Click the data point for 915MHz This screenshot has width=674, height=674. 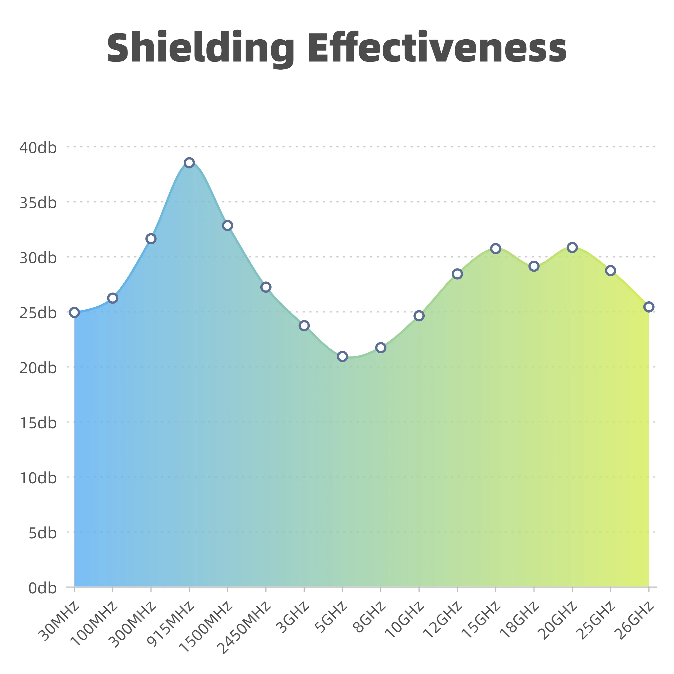click(189, 163)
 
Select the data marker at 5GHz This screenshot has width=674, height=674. click(342, 356)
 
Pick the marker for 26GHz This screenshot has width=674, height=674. click(648, 307)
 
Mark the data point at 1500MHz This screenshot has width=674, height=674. click(227, 225)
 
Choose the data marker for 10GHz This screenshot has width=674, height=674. click(419, 316)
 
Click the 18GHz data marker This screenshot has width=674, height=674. click(534, 267)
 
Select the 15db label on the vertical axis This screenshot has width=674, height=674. click(38, 423)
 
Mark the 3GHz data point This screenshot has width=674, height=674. click(304, 325)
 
